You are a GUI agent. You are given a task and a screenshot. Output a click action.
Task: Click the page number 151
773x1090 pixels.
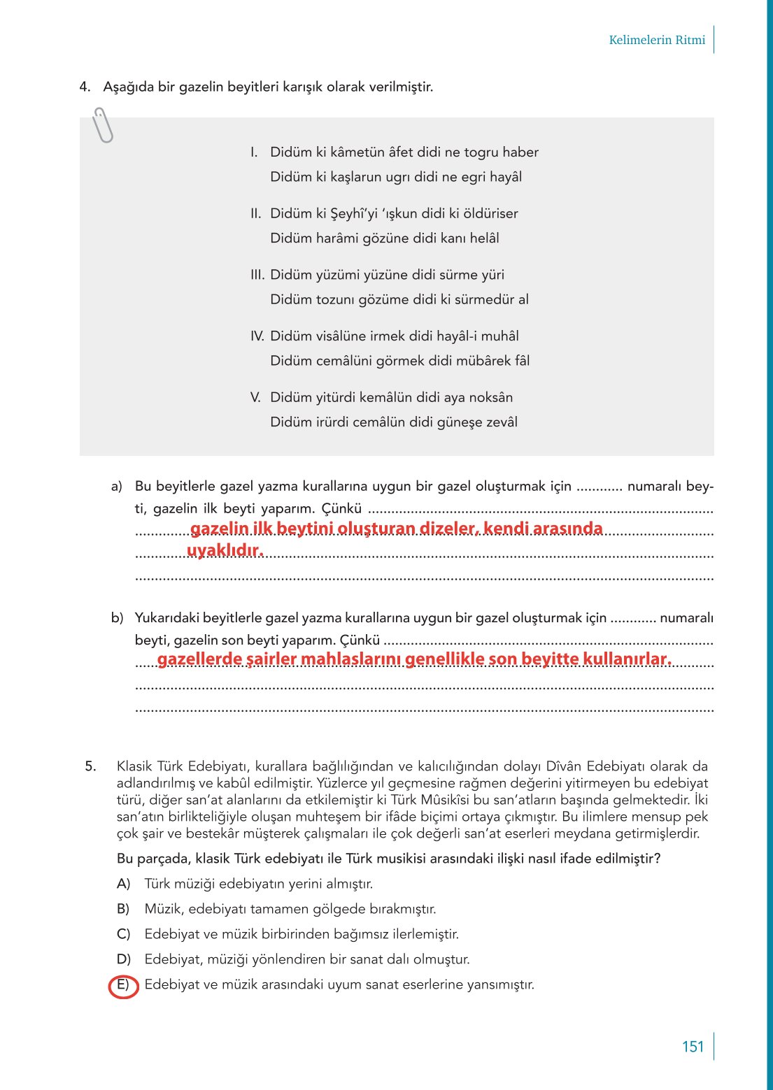693,1047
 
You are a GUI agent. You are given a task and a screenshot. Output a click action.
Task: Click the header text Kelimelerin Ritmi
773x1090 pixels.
657,40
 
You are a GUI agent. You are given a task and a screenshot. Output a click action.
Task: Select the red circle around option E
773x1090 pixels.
124,986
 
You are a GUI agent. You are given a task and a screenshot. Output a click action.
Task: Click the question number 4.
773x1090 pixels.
85,87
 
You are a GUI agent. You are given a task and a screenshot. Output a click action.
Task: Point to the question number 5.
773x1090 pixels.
91,766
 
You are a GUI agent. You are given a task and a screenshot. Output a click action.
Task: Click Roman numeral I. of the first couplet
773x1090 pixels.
255,152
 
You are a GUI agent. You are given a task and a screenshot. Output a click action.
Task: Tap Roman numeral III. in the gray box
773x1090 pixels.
257,275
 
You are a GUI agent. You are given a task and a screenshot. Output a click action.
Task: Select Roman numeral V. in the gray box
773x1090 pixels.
255,398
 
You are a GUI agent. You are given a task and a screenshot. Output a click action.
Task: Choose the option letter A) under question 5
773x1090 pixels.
124,884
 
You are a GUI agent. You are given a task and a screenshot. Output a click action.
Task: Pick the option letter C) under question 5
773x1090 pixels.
124,935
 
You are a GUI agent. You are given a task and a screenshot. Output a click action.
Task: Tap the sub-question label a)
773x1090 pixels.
116,487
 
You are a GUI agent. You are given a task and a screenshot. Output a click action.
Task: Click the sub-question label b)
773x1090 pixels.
117,618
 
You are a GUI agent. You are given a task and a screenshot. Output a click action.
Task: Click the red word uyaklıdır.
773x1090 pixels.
225,551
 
